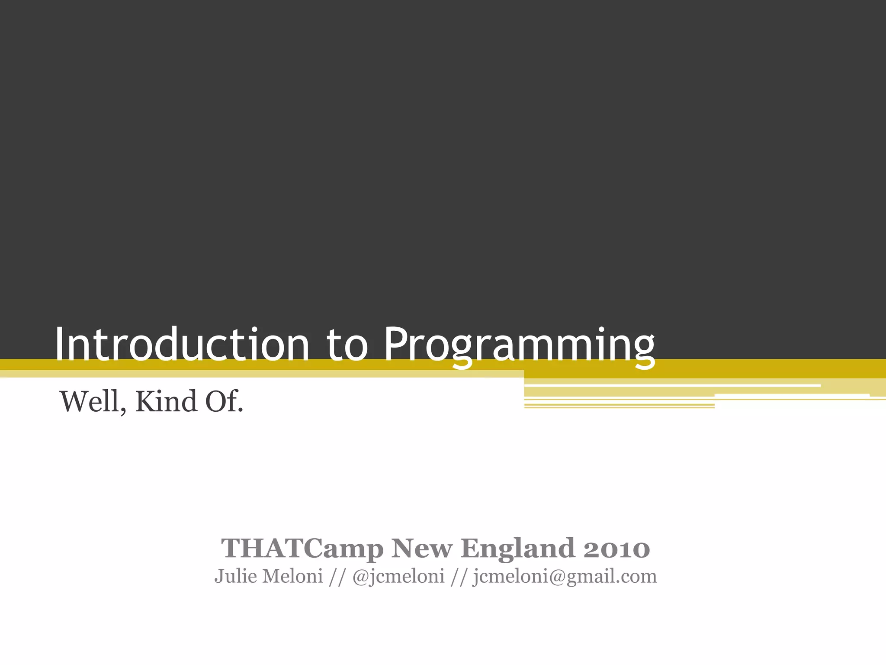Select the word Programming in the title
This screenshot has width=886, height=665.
tap(519, 346)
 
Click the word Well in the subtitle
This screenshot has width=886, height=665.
tap(90, 401)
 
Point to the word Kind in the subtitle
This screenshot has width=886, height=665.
tap(166, 401)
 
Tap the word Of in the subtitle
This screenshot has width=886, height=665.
tap(221, 401)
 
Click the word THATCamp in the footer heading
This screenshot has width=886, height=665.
tap(302, 549)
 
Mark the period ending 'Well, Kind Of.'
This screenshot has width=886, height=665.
tap(241, 410)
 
